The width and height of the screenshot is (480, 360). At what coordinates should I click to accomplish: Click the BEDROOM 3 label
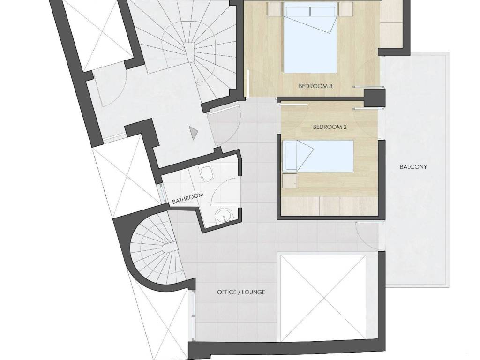pos(315,86)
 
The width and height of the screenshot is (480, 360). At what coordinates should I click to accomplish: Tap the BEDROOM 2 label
pos(330,127)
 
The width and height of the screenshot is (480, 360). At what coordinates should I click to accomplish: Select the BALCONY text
pos(413,167)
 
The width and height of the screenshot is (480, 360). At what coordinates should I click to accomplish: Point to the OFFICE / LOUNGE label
pos(241,292)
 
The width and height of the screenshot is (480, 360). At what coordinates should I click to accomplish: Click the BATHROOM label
pos(188,198)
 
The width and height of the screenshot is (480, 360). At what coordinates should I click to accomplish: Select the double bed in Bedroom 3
pos(310,39)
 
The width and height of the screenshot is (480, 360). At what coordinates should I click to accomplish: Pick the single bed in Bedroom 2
pos(318,156)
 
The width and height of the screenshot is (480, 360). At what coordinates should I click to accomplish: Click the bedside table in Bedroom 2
pos(290,180)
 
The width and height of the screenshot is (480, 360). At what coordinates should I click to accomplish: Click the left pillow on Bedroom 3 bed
pos(298,11)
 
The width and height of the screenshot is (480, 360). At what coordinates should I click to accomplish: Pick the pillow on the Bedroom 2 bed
pos(291,156)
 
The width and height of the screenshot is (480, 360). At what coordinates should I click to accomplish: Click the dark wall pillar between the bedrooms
pos(374,98)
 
